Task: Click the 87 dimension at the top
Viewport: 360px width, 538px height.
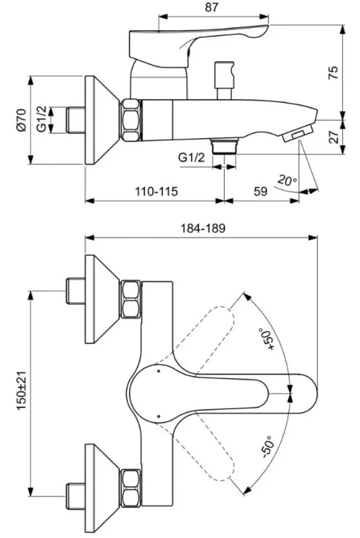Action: tap(211, 8)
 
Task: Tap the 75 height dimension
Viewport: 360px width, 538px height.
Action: tap(333, 73)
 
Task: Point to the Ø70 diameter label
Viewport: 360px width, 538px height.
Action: tap(21, 120)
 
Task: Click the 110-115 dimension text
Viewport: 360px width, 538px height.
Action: tap(156, 191)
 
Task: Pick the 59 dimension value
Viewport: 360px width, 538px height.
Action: tap(261, 191)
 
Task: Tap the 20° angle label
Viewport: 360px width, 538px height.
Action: tap(287, 180)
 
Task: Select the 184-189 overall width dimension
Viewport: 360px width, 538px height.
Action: tap(203, 228)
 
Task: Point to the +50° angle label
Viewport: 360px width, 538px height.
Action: tap(268, 339)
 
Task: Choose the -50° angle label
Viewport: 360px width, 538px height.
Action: tap(268, 446)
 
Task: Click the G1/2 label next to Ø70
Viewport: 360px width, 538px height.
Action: tap(42, 119)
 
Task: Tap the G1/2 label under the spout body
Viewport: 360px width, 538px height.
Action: tap(191, 158)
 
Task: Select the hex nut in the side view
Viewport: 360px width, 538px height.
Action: tap(130, 120)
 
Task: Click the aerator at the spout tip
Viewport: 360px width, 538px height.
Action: tap(298, 134)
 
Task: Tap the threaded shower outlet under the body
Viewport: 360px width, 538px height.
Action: tap(225, 146)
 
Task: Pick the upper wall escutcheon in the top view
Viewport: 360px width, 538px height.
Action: tap(102, 299)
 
